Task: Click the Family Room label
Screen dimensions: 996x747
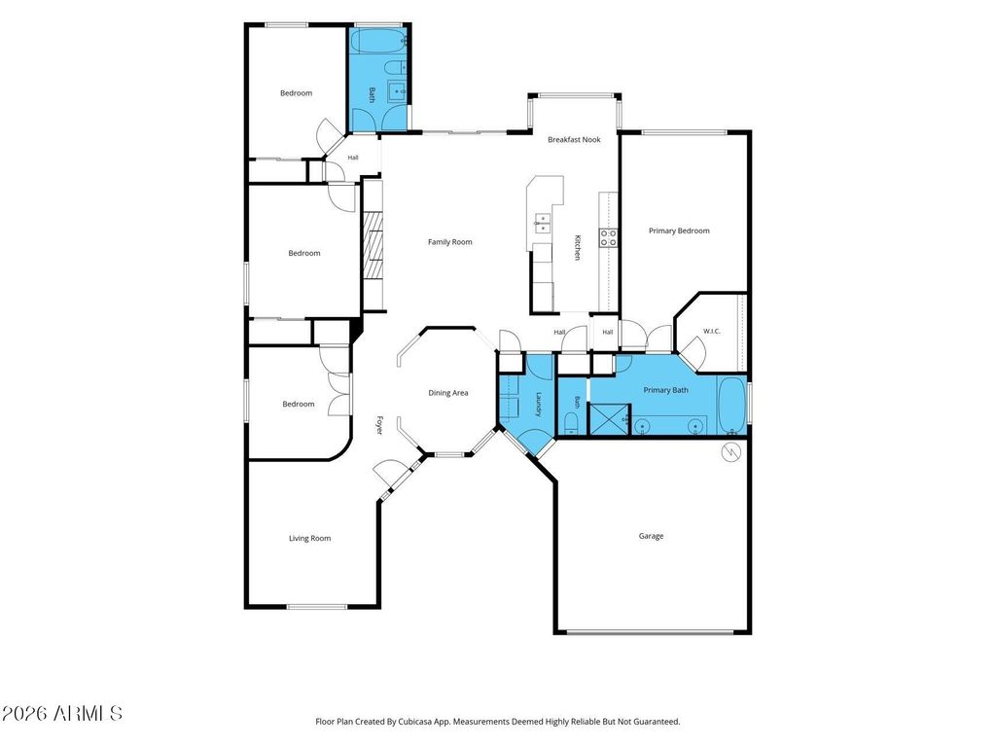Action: click(449, 242)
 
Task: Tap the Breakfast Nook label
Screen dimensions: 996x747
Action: click(574, 140)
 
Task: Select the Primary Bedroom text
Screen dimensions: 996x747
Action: click(679, 231)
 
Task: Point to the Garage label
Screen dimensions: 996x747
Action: click(651, 536)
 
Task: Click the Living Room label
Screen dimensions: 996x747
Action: click(310, 538)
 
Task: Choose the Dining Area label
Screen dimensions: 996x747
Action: click(447, 393)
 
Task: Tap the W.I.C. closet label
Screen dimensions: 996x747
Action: click(712, 331)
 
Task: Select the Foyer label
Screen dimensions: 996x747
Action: click(379, 425)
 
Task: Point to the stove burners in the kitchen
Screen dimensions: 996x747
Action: click(608, 237)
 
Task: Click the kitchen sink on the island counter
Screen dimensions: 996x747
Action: click(543, 221)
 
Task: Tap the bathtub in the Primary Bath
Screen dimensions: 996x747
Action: click(731, 406)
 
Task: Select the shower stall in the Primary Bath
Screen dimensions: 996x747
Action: click(609, 419)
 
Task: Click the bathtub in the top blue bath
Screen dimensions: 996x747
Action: click(379, 41)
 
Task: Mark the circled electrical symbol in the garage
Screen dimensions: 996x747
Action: click(731, 452)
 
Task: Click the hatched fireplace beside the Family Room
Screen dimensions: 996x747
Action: click(374, 245)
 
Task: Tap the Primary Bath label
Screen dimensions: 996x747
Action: click(665, 390)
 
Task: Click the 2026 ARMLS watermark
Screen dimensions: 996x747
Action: click(61, 713)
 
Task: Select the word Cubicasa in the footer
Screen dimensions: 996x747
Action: click(416, 722)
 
